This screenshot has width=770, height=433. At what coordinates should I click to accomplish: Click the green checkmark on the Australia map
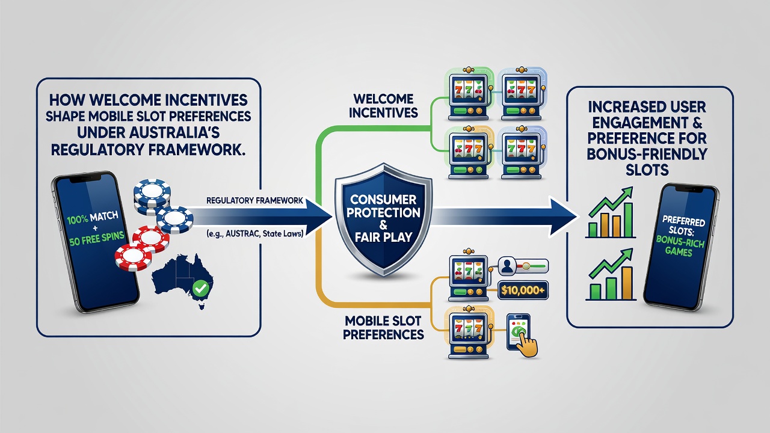point(201,288)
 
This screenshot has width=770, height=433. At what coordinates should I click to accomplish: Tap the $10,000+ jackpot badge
point(523,290)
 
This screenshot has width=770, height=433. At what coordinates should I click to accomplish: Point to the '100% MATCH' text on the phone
point(93,218)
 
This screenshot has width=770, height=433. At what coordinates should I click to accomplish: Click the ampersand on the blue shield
point(383,226)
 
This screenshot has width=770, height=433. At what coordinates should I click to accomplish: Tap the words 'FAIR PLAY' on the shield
point(383,237)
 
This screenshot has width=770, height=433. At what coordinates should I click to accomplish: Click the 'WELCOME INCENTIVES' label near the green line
point(383,105)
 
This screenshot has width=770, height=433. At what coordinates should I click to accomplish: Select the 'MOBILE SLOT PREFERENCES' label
point(383,328)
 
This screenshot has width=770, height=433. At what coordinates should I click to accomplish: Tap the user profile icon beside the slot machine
point(507,266)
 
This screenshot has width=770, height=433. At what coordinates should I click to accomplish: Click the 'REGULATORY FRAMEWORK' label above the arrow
point(254,200)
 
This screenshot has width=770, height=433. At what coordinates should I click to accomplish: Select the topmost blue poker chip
point(152,191)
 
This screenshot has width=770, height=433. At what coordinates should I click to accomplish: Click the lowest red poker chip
point(134,257)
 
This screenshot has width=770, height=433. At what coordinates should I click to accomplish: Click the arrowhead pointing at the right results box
point(563,217)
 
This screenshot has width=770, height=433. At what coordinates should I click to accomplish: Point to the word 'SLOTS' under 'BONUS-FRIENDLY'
point(647,170)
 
